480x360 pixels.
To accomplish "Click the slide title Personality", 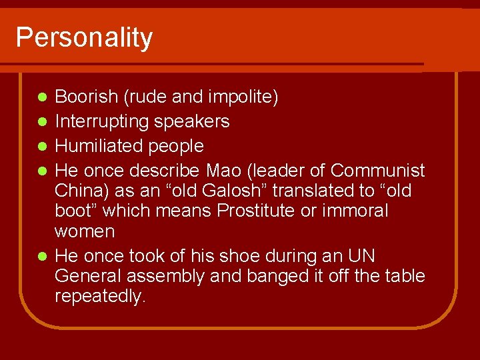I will (84, 38).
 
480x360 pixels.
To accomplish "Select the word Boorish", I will (86, 97).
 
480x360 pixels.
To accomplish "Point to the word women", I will (85, 232).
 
